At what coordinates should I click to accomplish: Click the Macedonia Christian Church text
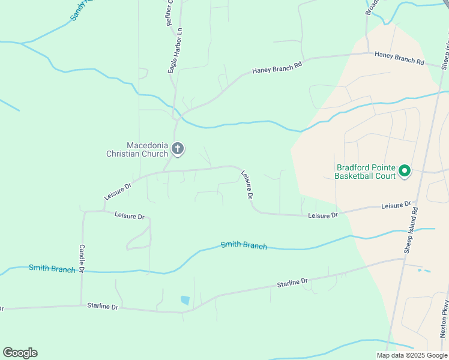[137, 149]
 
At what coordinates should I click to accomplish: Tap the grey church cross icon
[177, 148]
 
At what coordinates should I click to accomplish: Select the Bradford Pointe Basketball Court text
[365, 172]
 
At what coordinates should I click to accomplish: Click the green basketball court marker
[404, 172]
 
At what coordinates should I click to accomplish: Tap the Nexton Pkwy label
[443, 317]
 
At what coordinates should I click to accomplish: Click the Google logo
[20, 353]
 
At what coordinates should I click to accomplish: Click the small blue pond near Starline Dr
[185, 300]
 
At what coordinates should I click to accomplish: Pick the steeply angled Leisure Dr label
[247, 184]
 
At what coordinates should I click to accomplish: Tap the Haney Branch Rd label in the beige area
[399, 58]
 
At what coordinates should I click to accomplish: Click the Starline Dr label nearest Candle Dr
[103, 306]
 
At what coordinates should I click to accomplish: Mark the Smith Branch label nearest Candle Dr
[52, 268]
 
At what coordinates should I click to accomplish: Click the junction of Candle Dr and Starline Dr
[82, 305]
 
